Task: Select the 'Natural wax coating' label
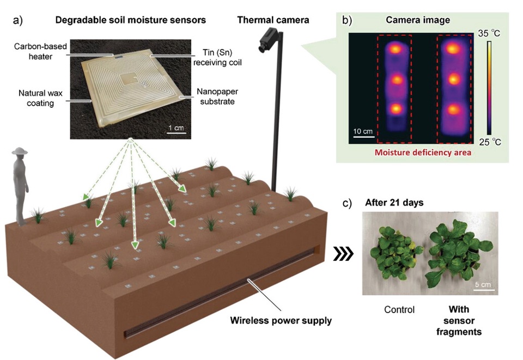point(36,97)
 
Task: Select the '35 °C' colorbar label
point(489,34)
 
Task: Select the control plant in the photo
point(393,255)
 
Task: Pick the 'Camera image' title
point(417,20)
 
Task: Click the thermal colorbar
point(490,87)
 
